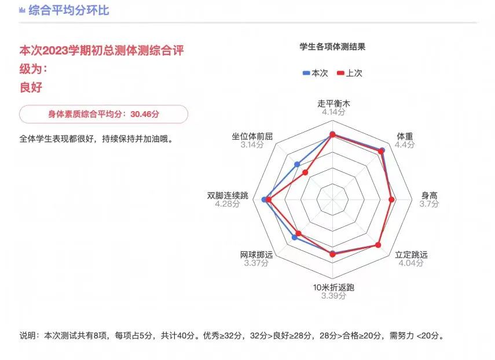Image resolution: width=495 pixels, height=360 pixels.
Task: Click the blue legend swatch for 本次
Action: click(x=306, y=73)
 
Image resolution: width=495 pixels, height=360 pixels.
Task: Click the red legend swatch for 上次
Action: click(x=340, y=73)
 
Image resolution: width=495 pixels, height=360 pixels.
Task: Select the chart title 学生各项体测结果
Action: click(x=332, y=47)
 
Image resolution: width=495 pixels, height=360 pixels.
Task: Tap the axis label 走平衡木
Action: click(x=333, y=104)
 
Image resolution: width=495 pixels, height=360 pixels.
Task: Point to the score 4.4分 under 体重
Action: click(x=405, y=145)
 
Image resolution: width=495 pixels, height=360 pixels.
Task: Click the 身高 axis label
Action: click(x=430, y=195)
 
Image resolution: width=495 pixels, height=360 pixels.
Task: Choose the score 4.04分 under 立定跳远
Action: click(x=410, y=263)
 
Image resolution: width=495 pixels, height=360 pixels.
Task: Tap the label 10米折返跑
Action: click(x=333, y=288)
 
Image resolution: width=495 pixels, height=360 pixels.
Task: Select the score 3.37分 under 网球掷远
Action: click(x=256, y=263)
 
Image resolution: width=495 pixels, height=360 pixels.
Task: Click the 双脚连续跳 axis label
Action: click(x=228, y=195)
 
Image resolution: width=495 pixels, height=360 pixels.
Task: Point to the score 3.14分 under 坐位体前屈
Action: click(x=252, y=145)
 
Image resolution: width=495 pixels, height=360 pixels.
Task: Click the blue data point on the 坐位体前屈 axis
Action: click(x=297, y=164)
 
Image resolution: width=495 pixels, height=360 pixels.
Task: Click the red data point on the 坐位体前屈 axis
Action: click(x=305, y=172)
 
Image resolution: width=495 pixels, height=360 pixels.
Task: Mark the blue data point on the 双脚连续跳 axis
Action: click(x=265, y=200)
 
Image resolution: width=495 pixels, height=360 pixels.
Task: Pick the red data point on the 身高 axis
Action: click(x=391, y=200)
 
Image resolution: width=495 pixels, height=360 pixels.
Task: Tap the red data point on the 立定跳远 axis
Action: click(x=378, y=245)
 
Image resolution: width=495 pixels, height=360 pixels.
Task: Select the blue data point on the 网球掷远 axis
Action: click(x=295, y=237)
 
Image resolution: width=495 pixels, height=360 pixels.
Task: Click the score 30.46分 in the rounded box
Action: click(x=145, y=114)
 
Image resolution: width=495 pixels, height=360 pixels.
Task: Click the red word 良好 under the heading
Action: click(x=31, y=87)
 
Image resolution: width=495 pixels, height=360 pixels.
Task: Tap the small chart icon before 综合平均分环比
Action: click(x=22, y=10)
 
